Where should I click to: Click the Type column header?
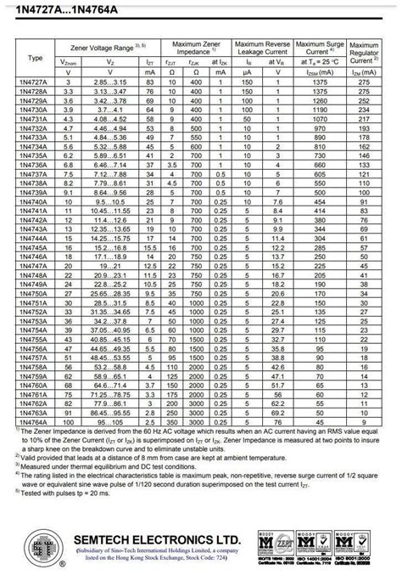(x=34, y=58)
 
